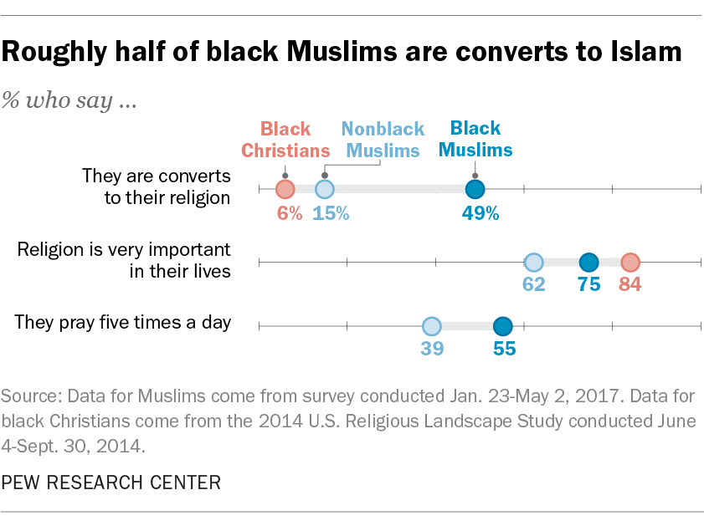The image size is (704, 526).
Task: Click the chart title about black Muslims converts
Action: [x=342, y=52]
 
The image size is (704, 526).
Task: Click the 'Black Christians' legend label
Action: [x=285, y=140]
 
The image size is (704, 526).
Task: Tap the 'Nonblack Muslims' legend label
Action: [x=383, y=140]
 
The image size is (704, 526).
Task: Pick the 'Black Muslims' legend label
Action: [x=475, y=139]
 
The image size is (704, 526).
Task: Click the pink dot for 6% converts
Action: [x=285, y=189]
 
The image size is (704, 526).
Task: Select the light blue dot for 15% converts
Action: [x=325, y=189]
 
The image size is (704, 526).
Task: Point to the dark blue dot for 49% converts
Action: [x=475, y=189]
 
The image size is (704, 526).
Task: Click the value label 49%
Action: [x=480, y=212]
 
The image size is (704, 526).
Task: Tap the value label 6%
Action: [x=289, y=212]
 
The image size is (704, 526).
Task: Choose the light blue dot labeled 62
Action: [x=533, y=262]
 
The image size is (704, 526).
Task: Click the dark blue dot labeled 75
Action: [x=589, y=262]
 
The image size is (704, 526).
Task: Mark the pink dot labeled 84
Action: [x=629, y=262]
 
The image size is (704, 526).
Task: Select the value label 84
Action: [x=630, y=284]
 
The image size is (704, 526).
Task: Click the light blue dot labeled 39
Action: [x=431, y=326]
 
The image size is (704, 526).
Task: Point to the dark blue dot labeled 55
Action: [x=502, y=326]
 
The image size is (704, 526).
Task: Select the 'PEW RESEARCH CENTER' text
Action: [x=112, y=483]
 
